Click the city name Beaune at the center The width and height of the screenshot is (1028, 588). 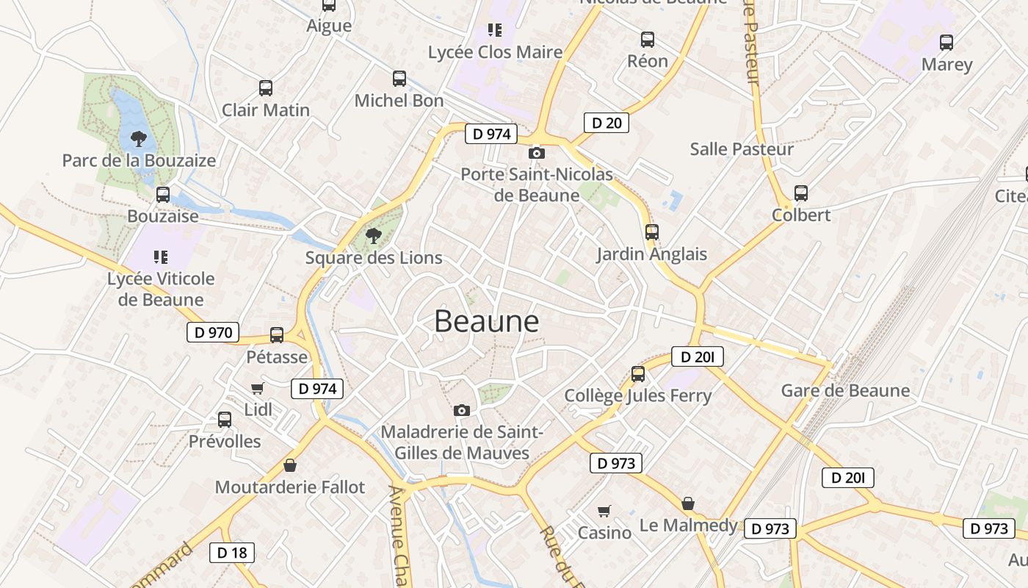486,322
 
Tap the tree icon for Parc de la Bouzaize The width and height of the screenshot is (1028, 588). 138,137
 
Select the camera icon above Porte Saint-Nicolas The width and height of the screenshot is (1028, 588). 537,153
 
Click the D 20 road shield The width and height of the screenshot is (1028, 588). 607,123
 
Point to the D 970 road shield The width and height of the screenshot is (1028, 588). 213,332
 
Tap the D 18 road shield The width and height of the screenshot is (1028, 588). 232,553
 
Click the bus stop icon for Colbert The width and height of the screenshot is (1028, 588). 801,193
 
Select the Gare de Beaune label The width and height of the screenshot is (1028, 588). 845,390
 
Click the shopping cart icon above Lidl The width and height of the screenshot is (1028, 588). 257,388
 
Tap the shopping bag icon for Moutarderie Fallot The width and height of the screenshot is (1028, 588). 290,465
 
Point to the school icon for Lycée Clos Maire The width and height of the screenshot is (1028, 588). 495,30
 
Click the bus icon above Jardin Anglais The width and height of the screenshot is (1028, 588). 651,232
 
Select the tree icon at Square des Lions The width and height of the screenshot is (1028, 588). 374,236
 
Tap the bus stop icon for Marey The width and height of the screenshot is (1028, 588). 946,43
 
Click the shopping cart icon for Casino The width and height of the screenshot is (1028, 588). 604,511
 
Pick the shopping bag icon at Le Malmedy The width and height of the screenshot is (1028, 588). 688,503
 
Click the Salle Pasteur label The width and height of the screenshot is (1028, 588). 742,149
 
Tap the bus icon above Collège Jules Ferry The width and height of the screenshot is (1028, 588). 638,373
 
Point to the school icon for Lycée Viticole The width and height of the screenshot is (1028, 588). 161,257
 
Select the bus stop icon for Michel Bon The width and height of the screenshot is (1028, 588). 399,79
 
